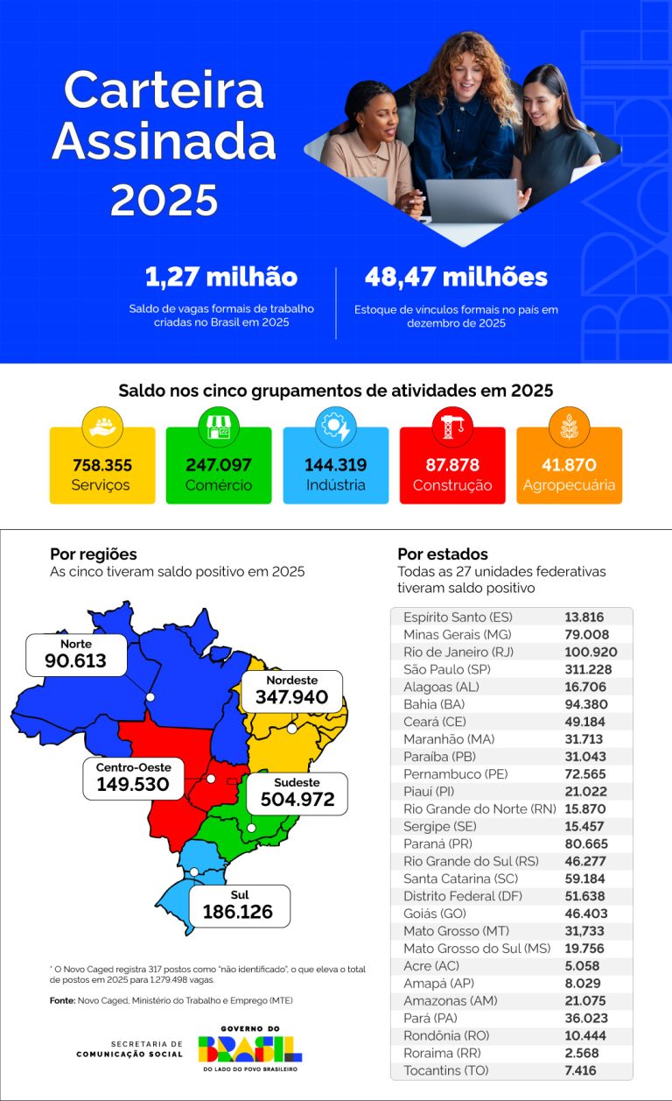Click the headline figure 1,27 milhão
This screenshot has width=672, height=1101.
(x=221, y=278)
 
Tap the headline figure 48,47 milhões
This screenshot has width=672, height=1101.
(x=456, y=278)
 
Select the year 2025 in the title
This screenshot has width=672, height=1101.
(x=164, y=200)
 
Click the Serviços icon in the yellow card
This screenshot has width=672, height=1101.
(x=102, y=427)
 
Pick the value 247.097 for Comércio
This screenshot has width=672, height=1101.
(x=219, y=465)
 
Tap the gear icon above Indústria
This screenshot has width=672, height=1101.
(x=335, y=427)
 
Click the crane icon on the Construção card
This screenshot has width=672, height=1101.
(x=452, y=427)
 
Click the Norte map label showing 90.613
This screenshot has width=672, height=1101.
(x=76, y=654)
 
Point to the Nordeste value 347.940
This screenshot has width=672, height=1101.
(x=291, y=697)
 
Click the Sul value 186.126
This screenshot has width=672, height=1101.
(x=238, y=912)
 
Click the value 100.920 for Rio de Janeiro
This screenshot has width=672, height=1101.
(x=591, y=652)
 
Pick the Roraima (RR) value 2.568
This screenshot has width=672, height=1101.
(x=584, y=1053)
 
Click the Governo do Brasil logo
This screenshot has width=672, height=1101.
(x=249, y=1048)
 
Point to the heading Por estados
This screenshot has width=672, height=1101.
(x=442, y=554)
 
